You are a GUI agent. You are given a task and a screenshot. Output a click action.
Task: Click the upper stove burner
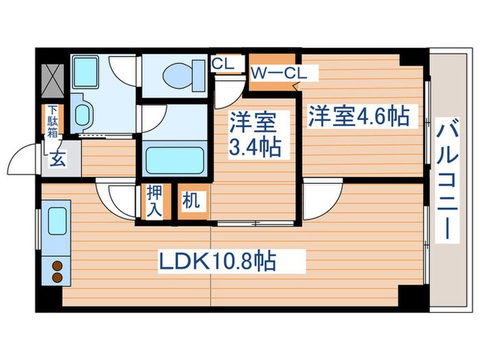pos(57,266)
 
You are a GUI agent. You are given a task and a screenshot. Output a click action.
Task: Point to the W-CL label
pos(274,72)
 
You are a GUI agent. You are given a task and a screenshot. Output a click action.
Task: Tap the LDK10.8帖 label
pos(218,261)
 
